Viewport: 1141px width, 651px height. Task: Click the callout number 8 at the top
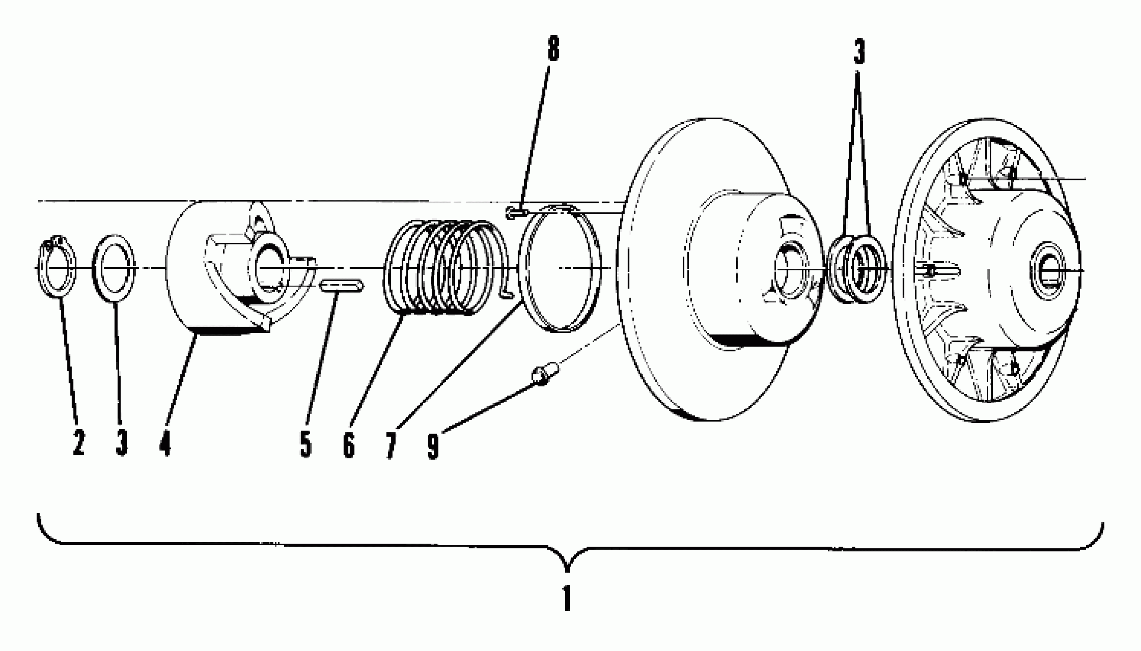coord(553,49)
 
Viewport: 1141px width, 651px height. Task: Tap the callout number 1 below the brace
coord(567,598)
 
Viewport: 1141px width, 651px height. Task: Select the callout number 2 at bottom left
coord(78,442)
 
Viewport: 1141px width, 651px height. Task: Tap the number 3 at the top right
coord(859,51)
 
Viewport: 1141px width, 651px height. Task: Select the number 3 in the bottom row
coord(121,442)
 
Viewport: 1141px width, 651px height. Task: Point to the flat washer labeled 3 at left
coord(113,268)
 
